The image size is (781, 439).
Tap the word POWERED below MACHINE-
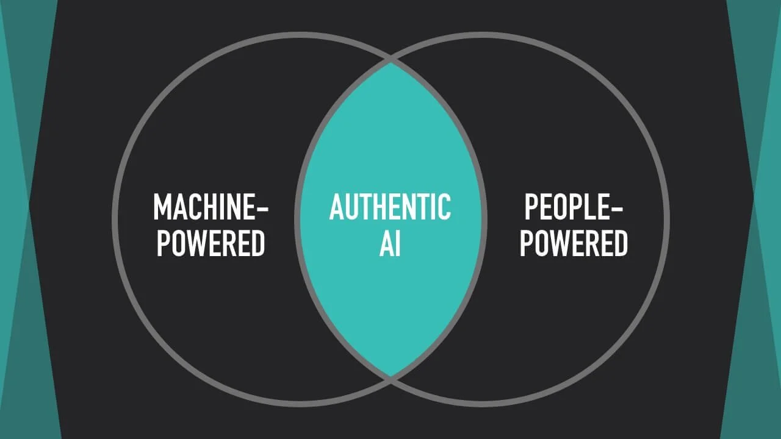point(211,243)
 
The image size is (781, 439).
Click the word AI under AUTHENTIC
point(390,243)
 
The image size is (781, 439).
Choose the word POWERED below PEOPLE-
point(574,243)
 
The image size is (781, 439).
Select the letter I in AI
point(398,243)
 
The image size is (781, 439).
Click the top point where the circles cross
point(390,61)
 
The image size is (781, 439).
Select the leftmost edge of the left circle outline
point(114,220)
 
